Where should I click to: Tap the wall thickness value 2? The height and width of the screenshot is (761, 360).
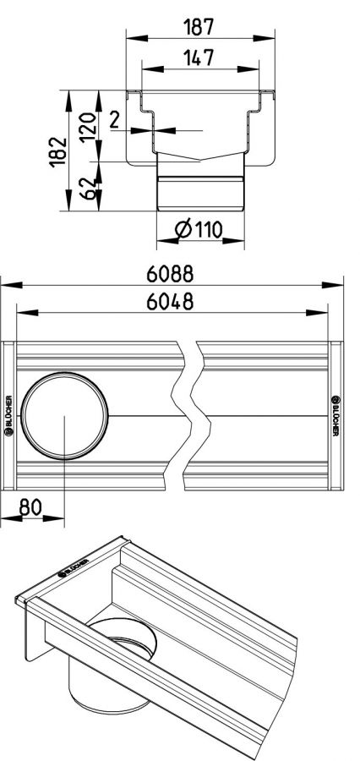[114, 119]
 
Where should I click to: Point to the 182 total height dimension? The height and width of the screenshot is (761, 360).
[57, 151]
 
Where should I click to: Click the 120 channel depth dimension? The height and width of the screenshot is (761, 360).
[88, 126]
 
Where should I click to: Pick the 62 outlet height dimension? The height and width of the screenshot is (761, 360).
[88, 189]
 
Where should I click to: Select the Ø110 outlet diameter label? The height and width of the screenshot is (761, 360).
[199, 228]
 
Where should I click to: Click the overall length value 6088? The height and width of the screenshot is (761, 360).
[171, 275]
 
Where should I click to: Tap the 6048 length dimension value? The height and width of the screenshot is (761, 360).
[171, 302]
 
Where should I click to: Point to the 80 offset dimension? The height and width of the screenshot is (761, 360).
[30, 507]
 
